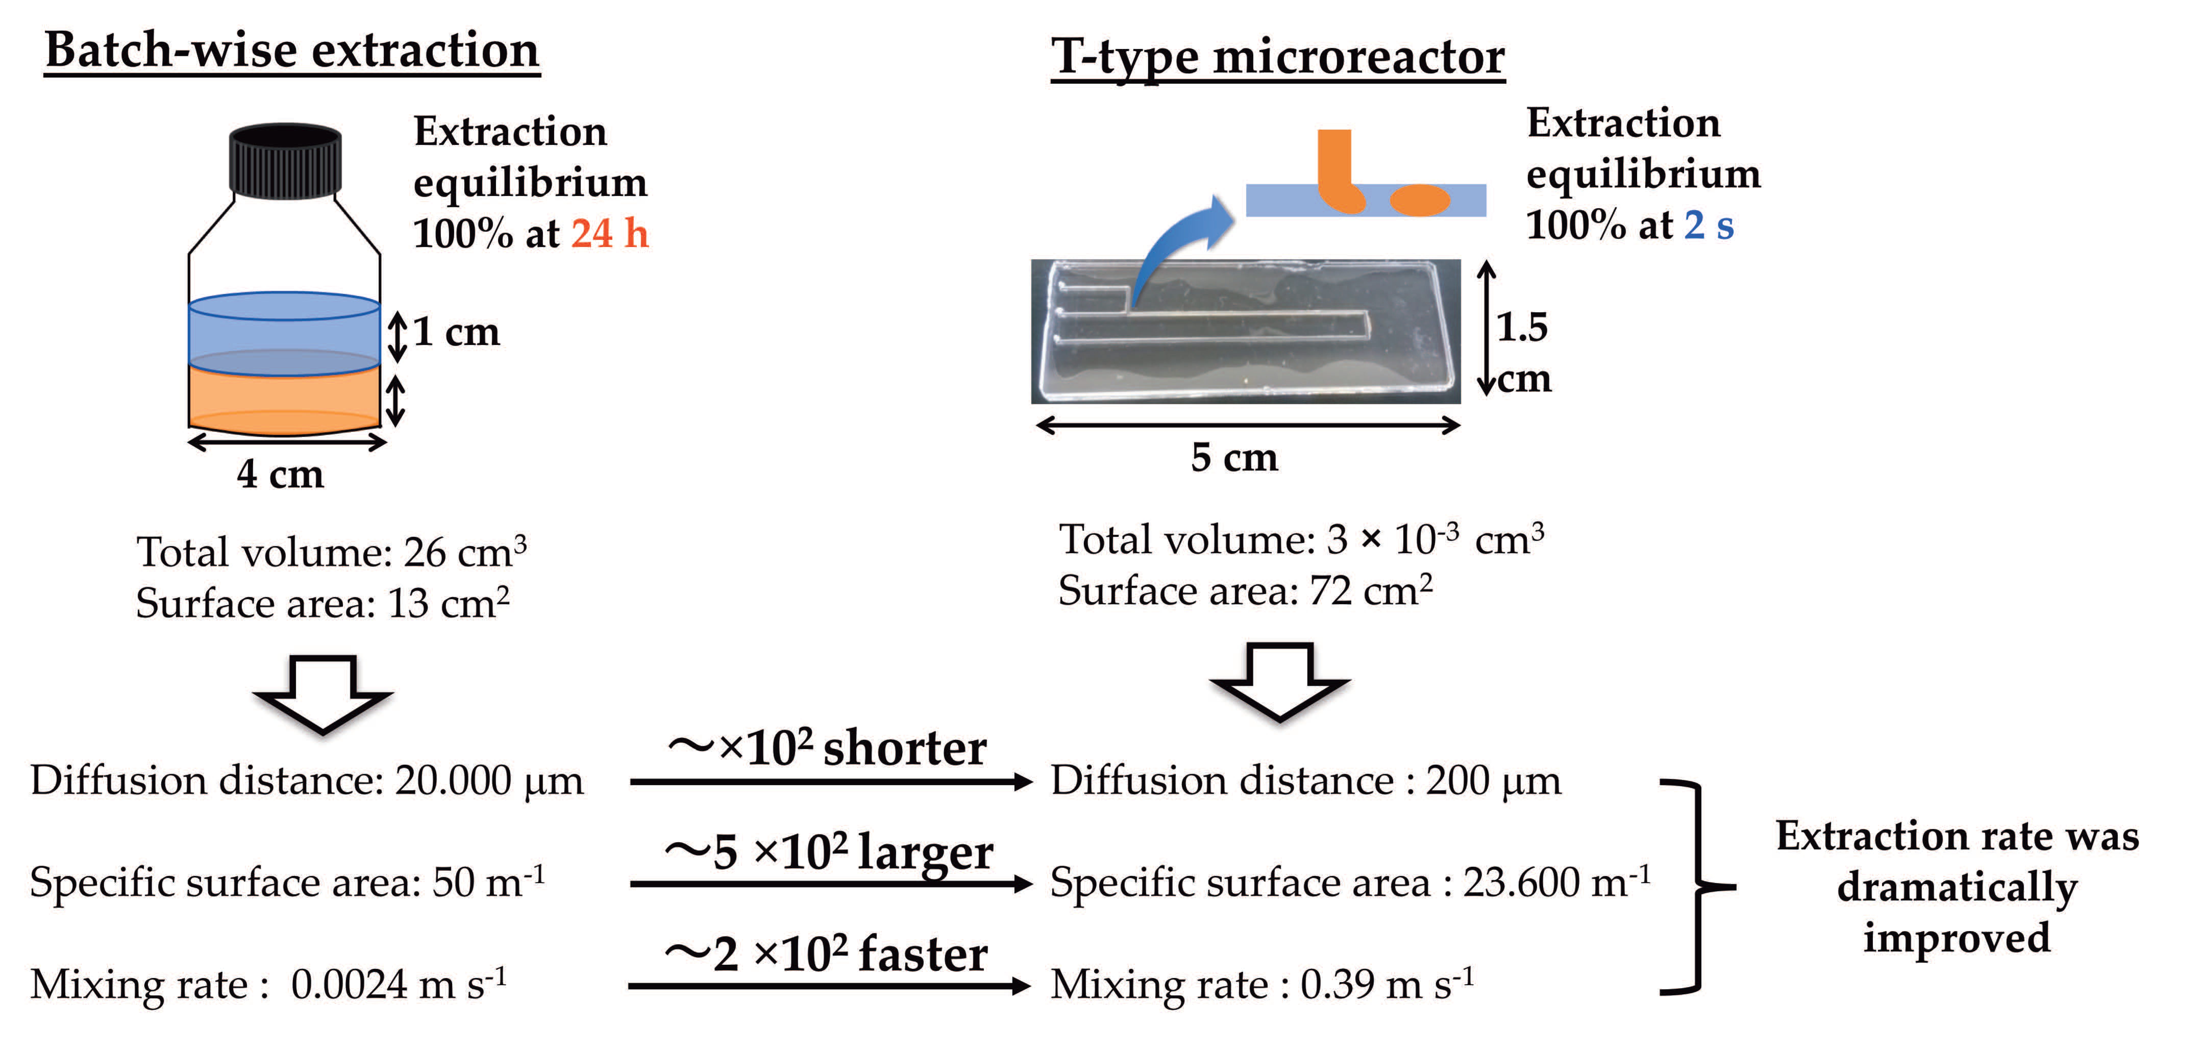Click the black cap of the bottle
[285, 161]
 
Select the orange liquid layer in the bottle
[283, 399]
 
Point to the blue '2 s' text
[1708, 225]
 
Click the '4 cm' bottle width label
[280, 474]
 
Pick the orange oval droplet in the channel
[1419, 200]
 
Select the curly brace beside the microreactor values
[1697, 886]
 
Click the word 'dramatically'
[1957, 887]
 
